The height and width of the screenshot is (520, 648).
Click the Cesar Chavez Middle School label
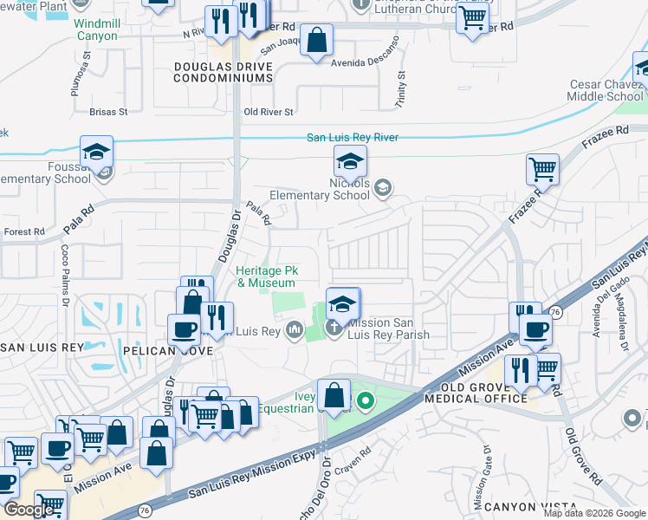click(606, 91)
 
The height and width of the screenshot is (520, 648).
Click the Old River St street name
click(269, 112)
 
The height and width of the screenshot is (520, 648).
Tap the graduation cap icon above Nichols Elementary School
click(350, 161)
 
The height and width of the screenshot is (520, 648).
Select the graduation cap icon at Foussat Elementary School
click(97, 153)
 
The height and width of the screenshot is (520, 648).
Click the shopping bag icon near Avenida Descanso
click(317, 39)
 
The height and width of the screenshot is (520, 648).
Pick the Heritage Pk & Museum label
click(266, 276)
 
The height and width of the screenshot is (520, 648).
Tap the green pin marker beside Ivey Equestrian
click(366, 401)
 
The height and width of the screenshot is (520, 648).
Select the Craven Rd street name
click(354, 452)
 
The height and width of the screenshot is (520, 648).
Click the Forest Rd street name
click(23, 232)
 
